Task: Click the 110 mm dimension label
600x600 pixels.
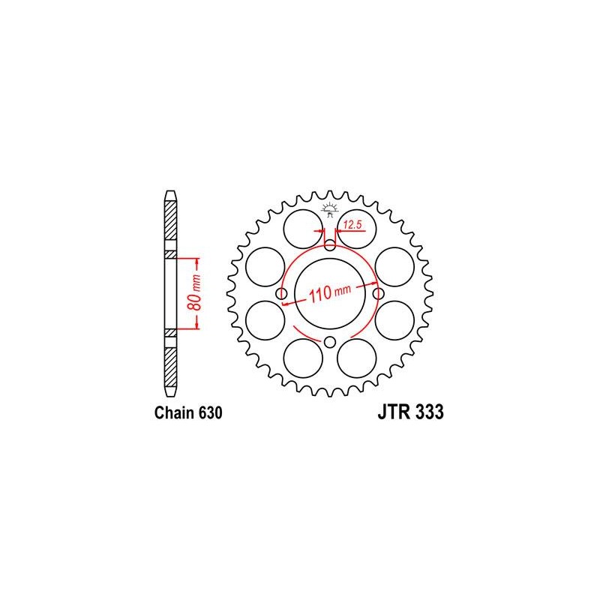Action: click(x=330, y=293)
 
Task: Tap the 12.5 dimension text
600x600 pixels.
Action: click(x=352, y=224)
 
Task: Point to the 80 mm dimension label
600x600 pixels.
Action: click(x=195, y=292)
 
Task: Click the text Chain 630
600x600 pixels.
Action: click(x=188, y=413)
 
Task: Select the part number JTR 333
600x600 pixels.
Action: click(x=410, y=412)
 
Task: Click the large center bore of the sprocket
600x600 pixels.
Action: click(x=330, y=293)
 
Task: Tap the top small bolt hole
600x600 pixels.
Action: click(x=330, y=245)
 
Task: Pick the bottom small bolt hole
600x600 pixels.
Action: click(x=330, y=342)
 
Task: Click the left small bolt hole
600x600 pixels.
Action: click(x=282, y=294)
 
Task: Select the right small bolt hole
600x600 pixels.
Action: click(x=379, y=294)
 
